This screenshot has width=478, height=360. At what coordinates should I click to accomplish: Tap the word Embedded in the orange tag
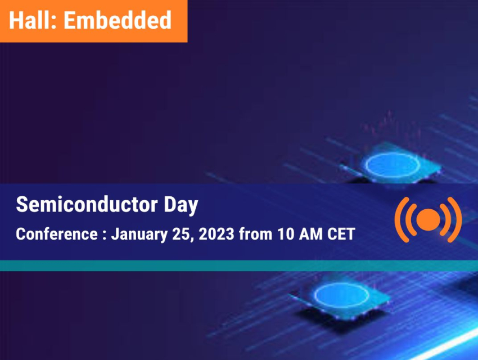118,20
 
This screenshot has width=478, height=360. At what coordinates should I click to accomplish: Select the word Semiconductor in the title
87,204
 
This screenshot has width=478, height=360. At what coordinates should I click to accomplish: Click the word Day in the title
181,205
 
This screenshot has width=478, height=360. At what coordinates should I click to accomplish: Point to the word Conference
57,234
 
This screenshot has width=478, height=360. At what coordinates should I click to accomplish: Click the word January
139,235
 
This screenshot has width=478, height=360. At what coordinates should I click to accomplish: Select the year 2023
217,234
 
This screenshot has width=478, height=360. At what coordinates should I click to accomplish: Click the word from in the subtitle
255,234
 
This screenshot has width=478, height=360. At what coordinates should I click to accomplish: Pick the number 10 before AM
285,234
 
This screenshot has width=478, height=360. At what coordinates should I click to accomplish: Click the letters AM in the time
310,234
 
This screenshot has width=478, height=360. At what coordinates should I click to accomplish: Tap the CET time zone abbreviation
341,234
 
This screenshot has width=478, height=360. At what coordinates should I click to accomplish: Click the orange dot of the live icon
429,219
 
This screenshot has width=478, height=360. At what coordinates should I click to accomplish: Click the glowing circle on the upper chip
366,165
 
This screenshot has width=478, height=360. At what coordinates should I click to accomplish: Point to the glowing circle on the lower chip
315,295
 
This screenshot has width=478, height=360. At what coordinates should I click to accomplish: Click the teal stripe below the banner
239,265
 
